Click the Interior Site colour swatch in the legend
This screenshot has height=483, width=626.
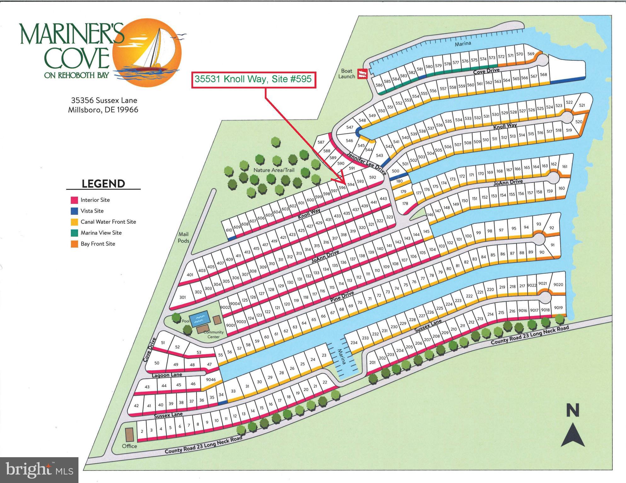click(74, 200)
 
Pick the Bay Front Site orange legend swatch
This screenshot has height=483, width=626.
click(74, 244)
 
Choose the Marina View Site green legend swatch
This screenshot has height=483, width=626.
click(74, 233)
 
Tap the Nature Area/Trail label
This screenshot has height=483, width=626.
click(274, 170)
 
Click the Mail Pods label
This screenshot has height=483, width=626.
click(183, 238)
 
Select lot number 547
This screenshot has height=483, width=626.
click(350, 127)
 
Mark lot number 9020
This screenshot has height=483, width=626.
click(558, 285)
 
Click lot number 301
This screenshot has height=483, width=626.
click(183, 297)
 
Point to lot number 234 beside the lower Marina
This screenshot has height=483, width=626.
click(354, 343)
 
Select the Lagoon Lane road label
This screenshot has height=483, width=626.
click(167, 375)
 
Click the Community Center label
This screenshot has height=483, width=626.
click(213, 334)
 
